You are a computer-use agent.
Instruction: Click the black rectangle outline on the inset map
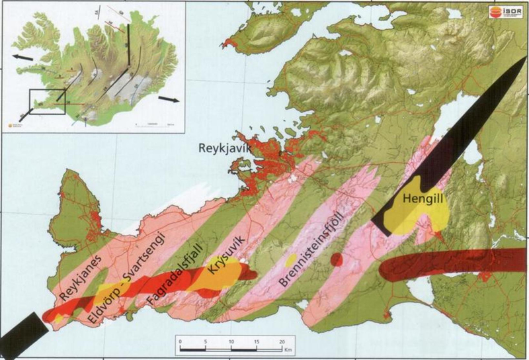pos(48,103)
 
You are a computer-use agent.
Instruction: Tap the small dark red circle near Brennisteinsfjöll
pos(337,259)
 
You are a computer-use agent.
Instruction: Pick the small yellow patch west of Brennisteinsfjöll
pos(290,257)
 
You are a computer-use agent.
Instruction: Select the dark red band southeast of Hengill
pos(450,265)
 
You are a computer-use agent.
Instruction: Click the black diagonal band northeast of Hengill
pos(463,132)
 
